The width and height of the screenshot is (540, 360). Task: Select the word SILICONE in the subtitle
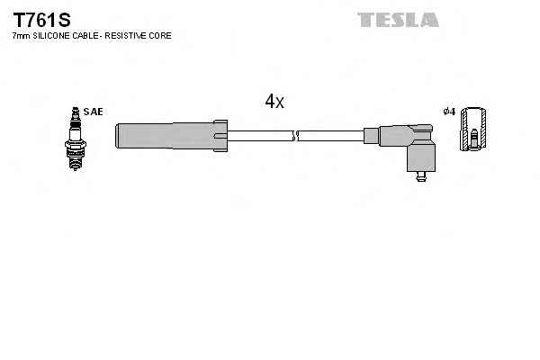coord(56,36)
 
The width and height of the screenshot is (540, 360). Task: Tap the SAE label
coord(93,112)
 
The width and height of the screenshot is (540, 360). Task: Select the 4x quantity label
coord(274,103)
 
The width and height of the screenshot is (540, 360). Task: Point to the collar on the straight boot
coord(219,136)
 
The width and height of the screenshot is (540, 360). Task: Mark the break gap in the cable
coord(296,136)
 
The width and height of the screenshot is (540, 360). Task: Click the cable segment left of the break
coord(261,136)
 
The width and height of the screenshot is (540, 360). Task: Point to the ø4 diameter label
coord(449,112)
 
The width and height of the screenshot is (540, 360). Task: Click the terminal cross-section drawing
coord(472,131)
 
